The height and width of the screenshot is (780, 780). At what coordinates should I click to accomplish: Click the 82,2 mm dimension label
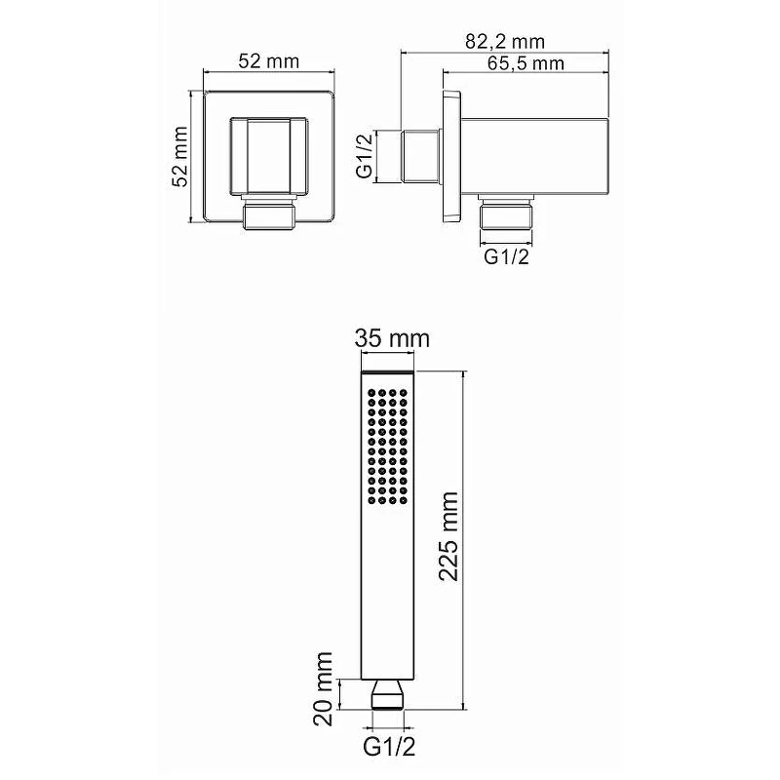pyautogui.click(x=505, y=42)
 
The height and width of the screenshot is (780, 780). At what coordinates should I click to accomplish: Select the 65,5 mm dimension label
pyautogui.click(x=526, y=63)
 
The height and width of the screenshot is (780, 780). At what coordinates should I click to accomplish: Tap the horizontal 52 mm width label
pyautogui.click(x=269, y=61)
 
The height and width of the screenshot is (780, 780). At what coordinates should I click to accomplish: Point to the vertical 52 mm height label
pyautogui.click(x=180, y=157)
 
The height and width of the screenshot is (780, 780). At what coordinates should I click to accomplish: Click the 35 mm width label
pyautogui.click(x=392, y=339)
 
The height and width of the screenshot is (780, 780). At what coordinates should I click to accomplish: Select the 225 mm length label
pyautogui.click(x=448, y=536)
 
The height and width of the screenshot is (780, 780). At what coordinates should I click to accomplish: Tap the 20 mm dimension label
pyautogui.click(x=324, y=689)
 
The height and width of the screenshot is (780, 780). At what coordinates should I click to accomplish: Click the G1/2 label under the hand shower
pyautogui.click(x=389, y=747)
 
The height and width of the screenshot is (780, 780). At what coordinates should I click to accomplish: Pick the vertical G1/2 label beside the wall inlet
pyautogui.click(x=365, y=156)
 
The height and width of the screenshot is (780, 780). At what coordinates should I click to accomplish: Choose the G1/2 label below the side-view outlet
pyautogui.click(x=506, y=256)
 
